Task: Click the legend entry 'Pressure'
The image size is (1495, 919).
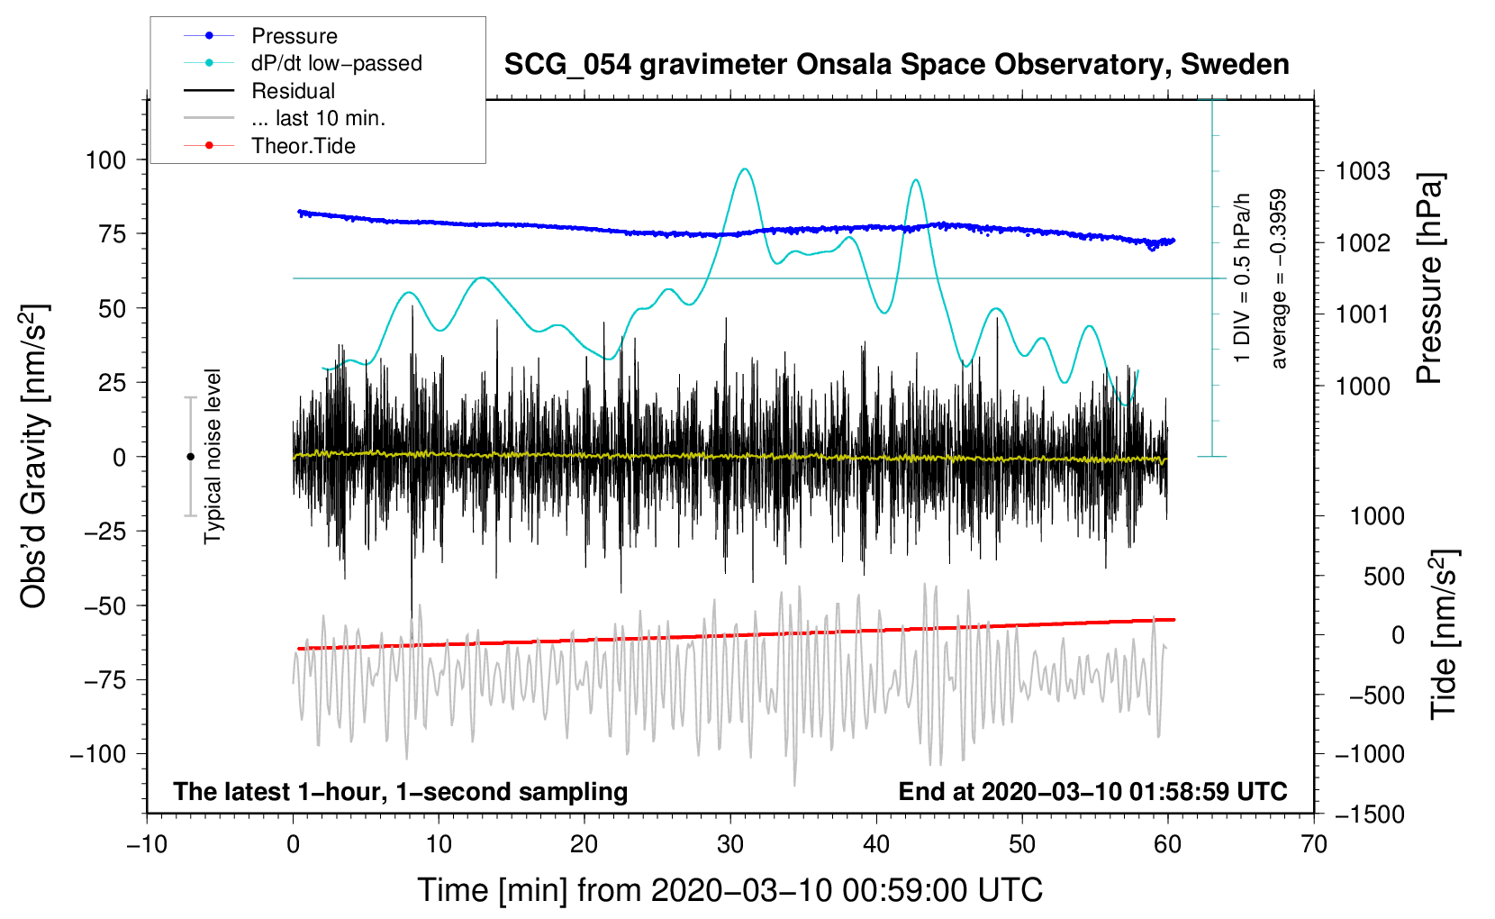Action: pyautogui.click(x=294, y=35)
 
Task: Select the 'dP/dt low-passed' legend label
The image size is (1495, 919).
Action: pyautogui.click(x=337, y=63)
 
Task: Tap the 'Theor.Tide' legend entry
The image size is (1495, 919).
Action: pyautogui.click(x=303, y=146)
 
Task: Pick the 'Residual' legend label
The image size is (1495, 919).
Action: pyautogui.click(x=293, y=91)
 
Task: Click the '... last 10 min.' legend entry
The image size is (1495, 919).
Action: pyautogui.click(x=318, y=118)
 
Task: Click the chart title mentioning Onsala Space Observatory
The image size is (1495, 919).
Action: pyautogui.click(x=896, y=65)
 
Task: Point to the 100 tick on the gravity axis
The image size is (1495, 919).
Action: pyautogui.click(x=105, y=160)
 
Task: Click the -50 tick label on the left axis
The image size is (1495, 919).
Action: pyautogui.click(x=105, y=606)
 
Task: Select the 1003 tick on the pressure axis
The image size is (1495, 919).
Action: pyautogui.click(x=1363, y=172)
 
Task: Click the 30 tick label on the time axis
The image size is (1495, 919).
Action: pyautogui.click(x=730, y=845)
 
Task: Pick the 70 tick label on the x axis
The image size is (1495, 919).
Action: pyautogui.click(x=1313, y=845)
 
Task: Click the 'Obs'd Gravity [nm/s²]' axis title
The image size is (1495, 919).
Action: pyautogui.click(x=33, y=456)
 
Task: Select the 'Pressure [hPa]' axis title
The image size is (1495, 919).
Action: pyautogui.click(x=1429, y=278)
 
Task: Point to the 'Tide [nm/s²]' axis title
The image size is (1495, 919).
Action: pyautogui.click(x=1445, y=634)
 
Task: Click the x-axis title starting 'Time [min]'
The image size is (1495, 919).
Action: pyautogui.click(x=730, y=890)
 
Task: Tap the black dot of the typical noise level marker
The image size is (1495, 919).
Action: pyautogui.click(x=190, y=457)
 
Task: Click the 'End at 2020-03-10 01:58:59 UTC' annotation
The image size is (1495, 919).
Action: pyautogui.click(x=1092, y=791)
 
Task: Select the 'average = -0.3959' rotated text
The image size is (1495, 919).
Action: pyautogui.click(x=1278, y=278)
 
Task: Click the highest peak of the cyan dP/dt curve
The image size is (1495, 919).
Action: pyautogui.click(x=744, y=169)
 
